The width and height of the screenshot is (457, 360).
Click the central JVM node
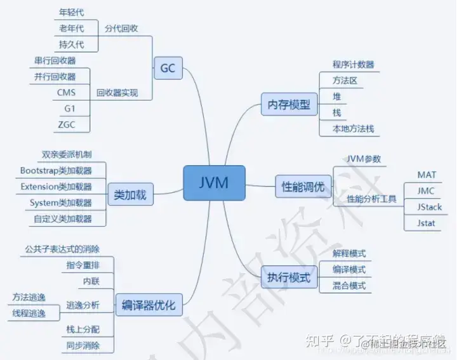(x=215, y=183)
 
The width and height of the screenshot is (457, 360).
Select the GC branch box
(x=168, y=68)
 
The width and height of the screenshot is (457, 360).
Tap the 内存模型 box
(x=289, y=104)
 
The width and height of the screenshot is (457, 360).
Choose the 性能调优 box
(x=303, y=187)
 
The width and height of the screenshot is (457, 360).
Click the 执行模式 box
(x=289, y=277)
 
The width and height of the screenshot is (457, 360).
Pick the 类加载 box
(x=131, y=195)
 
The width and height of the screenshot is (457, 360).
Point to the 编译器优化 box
(x=149, y=305)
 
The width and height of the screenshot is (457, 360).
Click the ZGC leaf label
(x=65, y=124)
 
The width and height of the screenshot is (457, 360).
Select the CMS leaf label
(x=65, y=93)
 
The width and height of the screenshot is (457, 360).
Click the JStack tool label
(x=430, y=207)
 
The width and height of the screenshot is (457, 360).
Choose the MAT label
(x=427, y=175)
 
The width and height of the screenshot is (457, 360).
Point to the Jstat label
(x=426, y=223)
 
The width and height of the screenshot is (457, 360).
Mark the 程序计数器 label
(x=353, y=65)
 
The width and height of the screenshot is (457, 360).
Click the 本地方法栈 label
(x=353, y=128)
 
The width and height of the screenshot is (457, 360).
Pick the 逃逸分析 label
(x=83, y=305)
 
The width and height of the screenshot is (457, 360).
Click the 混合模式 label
(x=349, y=286)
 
